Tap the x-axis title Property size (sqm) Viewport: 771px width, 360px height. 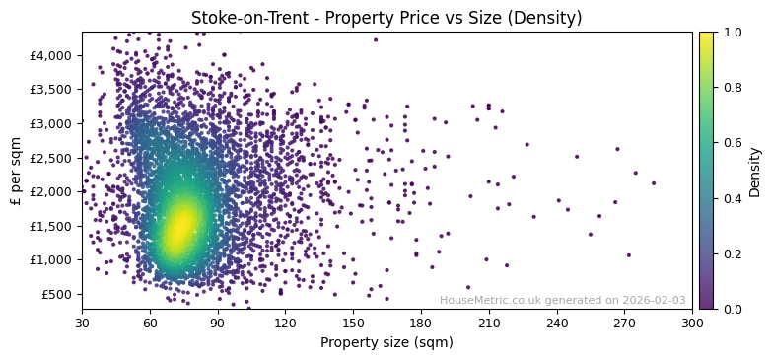tap(386, 343)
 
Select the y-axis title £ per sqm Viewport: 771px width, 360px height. tap(16, 171)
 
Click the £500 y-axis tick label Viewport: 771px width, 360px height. tap(57, 294)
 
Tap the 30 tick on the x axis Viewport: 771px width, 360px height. tap(82, 323)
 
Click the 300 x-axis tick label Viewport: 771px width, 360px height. tap(692, 323)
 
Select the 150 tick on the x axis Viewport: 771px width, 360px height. tap(353, 323)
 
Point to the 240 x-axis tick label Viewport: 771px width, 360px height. tap(557, 323)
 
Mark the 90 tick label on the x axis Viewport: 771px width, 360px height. tap(218, 323)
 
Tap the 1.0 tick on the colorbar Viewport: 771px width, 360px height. tap(732, 32)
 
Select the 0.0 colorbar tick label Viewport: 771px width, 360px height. tap(732, 309)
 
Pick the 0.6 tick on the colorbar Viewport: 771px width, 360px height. tap(732, 143)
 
